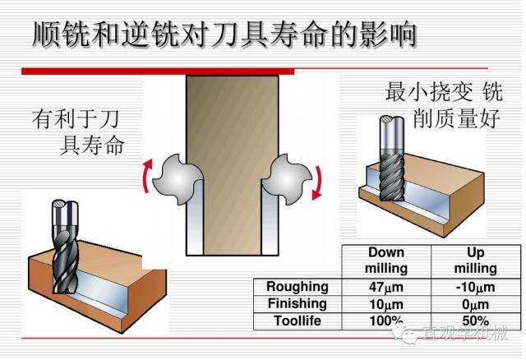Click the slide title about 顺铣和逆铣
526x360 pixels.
(x=222, y=35)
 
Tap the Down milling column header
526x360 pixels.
(x=385, y=261)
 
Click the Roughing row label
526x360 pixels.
(x=297, y=287)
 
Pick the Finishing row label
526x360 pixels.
(x=297, y=303)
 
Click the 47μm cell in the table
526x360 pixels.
(x=385, y=287)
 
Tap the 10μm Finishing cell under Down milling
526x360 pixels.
(x=385, y=303)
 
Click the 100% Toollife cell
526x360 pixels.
(x=385, y=320)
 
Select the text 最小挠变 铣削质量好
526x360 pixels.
(x=444, y=104)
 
